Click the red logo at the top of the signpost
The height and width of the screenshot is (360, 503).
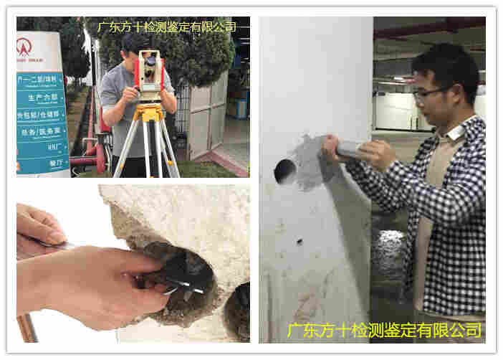coord(24,47)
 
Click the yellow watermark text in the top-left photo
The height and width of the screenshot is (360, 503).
coord(166,27)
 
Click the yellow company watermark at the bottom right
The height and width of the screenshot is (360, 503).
coord(384,330)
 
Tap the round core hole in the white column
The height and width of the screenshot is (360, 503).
coord(284,171)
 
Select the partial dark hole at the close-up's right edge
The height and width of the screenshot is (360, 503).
coord(239,313)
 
